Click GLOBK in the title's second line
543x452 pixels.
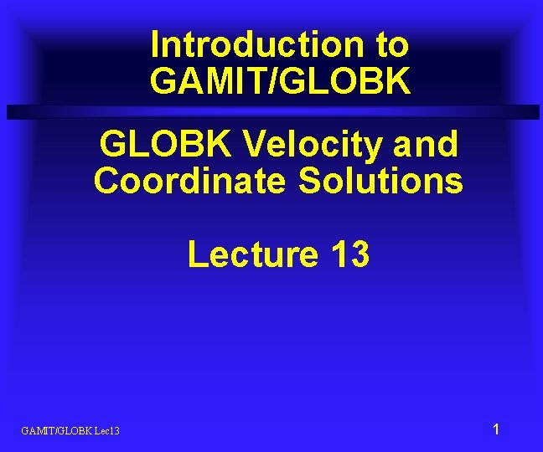(352, 81)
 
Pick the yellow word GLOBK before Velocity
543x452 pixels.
(165, 144)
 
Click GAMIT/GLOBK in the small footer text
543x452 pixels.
(58, 430)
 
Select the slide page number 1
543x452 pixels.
(496, 429)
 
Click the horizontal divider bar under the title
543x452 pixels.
(271, 112)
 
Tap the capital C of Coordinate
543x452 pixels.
(106, 180)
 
